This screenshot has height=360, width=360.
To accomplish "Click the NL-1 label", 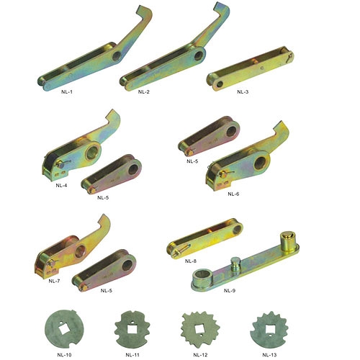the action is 67,91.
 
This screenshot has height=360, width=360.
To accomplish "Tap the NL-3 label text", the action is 243,91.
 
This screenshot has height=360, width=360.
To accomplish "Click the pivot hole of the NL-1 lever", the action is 117,56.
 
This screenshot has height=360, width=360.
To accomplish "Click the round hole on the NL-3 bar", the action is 220,84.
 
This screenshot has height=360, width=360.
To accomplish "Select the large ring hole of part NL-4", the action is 92,151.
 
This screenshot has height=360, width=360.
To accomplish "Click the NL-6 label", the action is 233,194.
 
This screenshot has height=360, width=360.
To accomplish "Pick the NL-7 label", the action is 54,281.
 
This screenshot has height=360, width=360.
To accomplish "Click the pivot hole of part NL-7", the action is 80,251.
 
